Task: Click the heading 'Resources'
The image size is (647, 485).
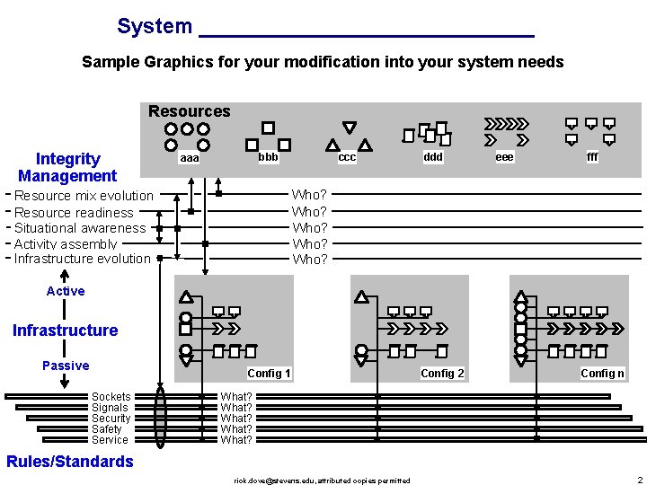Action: [x=189, y=111]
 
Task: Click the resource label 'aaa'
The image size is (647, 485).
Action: [x=190, y=158]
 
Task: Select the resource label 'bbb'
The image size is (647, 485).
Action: [x=268, y=157]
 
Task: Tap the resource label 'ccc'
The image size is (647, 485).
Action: [x=347, y=158]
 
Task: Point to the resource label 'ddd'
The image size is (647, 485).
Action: [x=433, y=157]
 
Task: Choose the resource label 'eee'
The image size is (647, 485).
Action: [x=505, y=157]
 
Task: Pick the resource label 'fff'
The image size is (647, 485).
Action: [x=592, y=157]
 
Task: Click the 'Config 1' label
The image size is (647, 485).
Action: [x=269, y=374]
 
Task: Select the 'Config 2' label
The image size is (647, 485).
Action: [x=442, y=374]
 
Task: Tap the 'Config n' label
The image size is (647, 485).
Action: [x=602, y=374]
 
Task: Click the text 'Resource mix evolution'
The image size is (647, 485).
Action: [x=84, y=196]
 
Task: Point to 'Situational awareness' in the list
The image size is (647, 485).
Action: [x=80, y=228]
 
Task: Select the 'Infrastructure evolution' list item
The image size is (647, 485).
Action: [x=83, y=259]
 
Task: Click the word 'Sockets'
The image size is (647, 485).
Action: [x=111, y=397]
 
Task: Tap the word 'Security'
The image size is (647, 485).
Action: [x=111, y=419]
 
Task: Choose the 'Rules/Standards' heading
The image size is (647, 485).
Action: [x=69, y=462]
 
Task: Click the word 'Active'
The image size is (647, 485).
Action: [x=66, y=291]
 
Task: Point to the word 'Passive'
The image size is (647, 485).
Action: [x=66, y=366]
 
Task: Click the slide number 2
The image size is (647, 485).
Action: [x=639, y=481]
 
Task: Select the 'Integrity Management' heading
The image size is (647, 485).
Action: [x=67, y=168]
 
